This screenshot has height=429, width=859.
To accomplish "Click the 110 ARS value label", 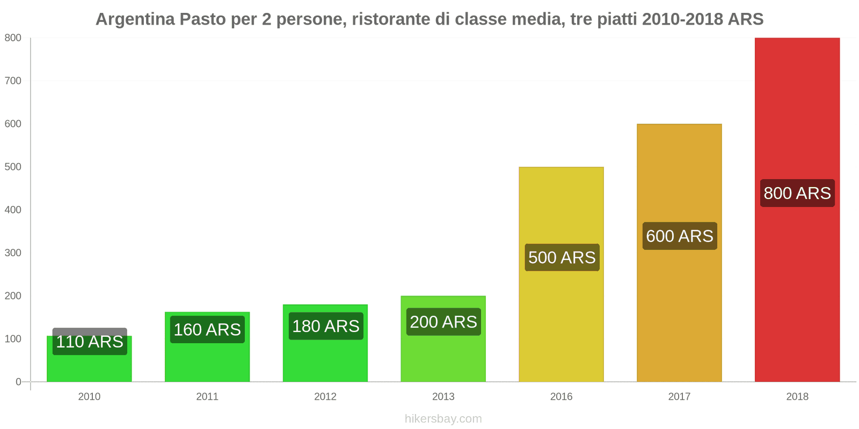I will (x=90, y=342).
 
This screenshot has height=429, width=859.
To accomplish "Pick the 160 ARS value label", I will (x=207, y=329).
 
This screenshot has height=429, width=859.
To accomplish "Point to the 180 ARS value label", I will (x=325, y=326).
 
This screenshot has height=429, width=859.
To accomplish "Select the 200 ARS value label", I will (x=443, y=322).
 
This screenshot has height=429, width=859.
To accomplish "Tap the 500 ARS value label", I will (x=562, y=257).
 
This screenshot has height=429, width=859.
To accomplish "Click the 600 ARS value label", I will (x=680, y=236).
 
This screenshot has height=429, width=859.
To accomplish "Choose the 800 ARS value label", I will (x=797, y=193).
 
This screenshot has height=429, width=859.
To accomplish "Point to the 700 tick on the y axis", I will (x=13, y=81).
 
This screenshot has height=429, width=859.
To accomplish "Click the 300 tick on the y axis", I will (x=13, y=253).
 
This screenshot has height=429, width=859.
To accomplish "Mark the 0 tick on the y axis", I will (x=18, y=382).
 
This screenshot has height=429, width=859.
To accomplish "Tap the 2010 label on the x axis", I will (x=89, y=397).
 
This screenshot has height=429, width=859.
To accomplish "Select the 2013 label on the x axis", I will (x=443, y=397).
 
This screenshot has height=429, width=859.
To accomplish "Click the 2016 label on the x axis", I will (x=561, y=397).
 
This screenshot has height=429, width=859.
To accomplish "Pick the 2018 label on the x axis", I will (x=797, y=397).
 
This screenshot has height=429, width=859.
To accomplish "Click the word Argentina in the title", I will (x=135, y=19).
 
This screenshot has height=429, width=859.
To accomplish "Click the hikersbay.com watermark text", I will (x=443, y=419).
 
